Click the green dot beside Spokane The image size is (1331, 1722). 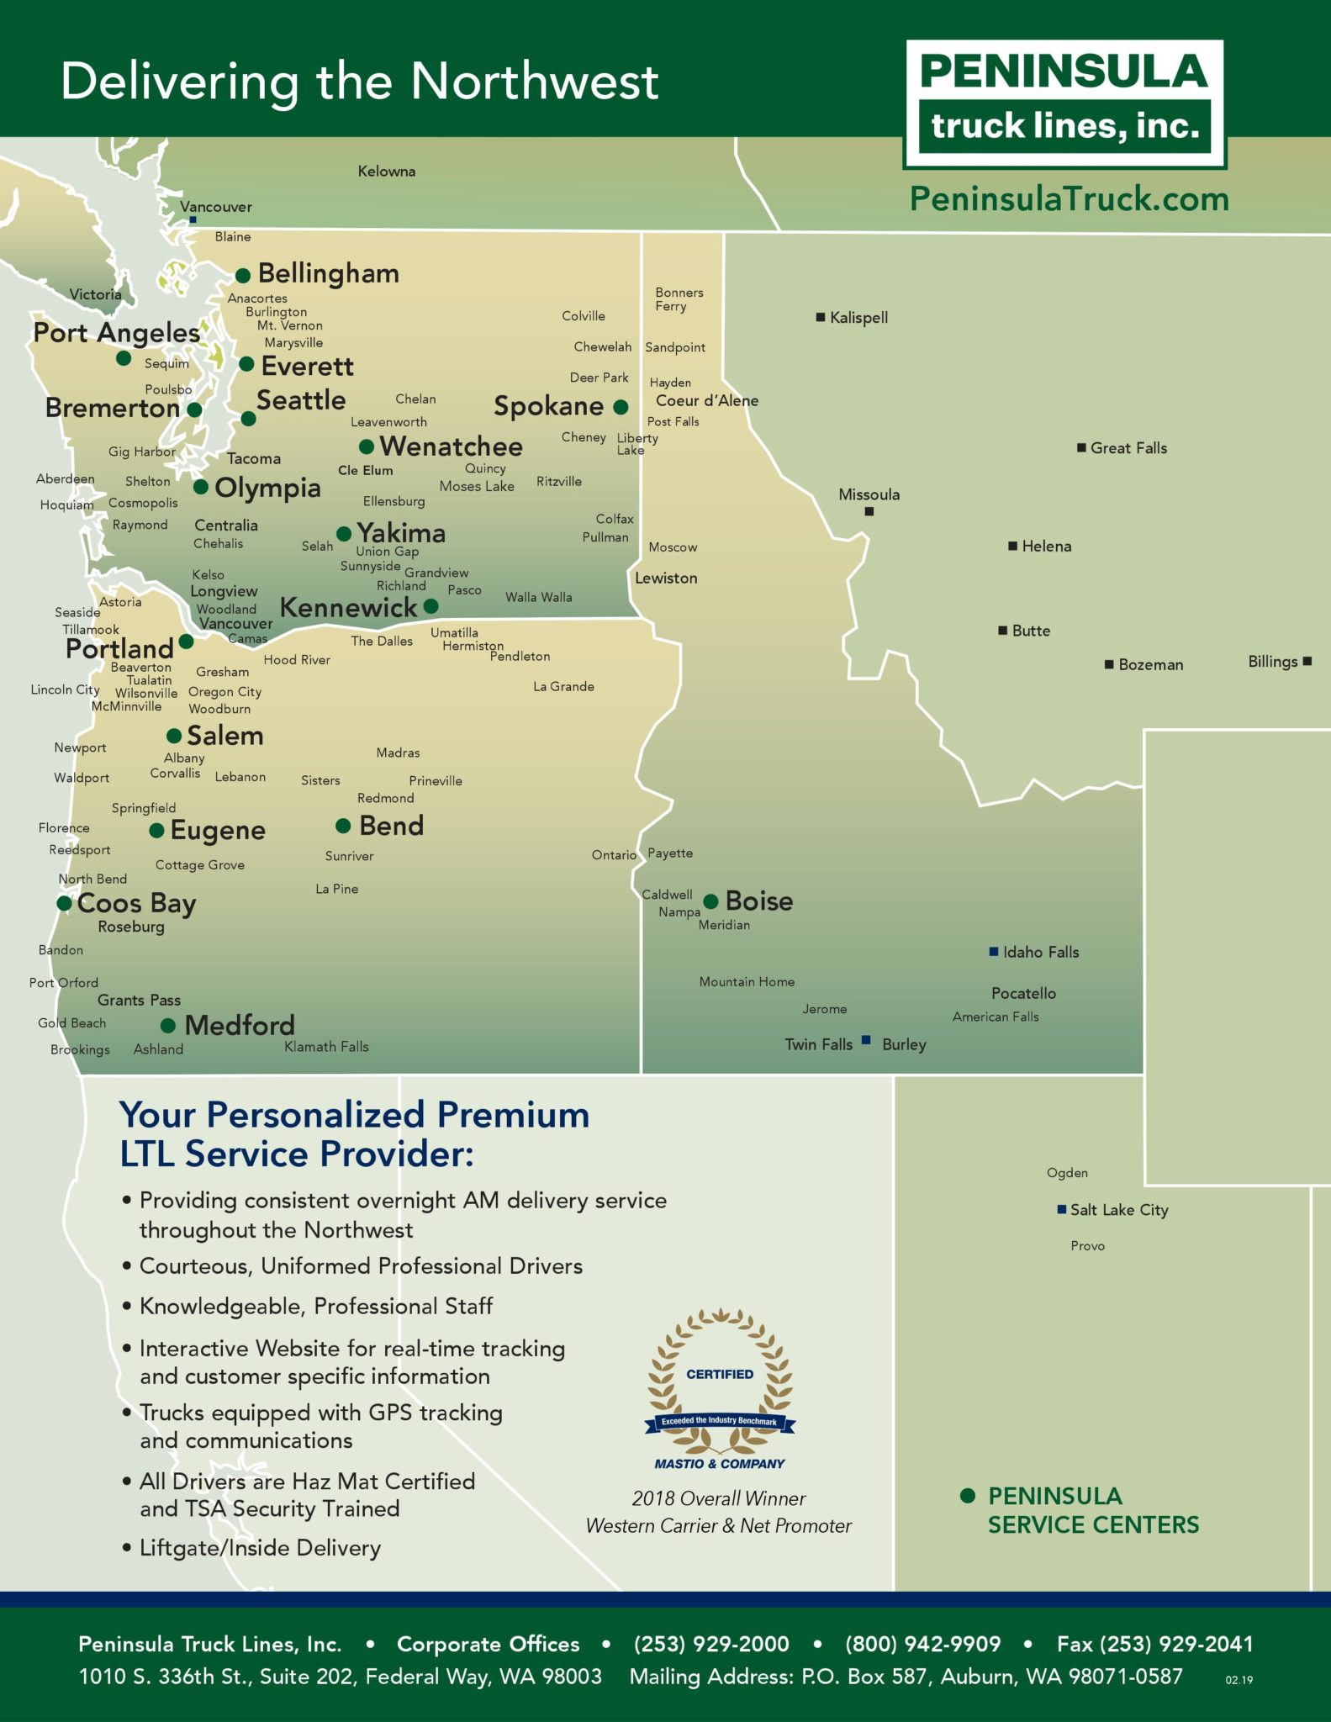(x=621, y=407)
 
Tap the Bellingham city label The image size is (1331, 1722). (x=328, y=273)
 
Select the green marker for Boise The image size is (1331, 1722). (x=710, y=901)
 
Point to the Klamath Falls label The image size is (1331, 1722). (x=326, y=1046)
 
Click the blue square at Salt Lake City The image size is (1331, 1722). (x=1062, y=1209)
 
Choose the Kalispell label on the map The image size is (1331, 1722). (x=858, y=318)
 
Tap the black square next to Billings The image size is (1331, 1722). (x=1307, y=661)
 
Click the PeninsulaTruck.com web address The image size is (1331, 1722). (x=1069, y=199)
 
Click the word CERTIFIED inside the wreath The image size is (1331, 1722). (x=720, y=1374)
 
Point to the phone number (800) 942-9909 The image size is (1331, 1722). (x=922, y=1644)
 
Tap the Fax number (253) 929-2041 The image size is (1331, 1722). (x=1154, y=1644)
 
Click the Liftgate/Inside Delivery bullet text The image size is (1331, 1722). (x=260, y=1547)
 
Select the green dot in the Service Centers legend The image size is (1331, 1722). (x=968, y=1495)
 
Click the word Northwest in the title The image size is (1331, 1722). (x=534, y=82)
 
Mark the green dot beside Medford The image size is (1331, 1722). (x=168, y=1025)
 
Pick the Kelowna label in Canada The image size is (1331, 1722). (x=386, y=172)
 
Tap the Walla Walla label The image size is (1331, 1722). (x=538, y=597)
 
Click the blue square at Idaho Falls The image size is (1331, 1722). (x=994, y=952)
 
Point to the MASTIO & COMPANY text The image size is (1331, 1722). (x=720, y=1464)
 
